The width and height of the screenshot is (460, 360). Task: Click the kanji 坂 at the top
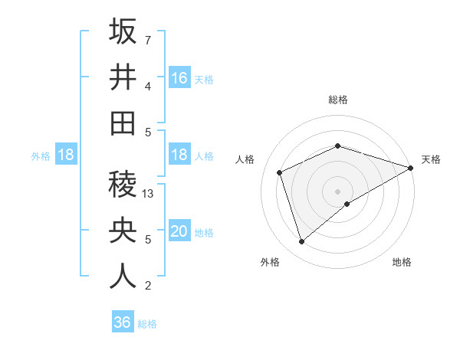[123, 31]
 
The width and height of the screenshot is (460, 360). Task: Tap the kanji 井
[123, 77]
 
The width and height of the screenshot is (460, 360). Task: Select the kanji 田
[123, 123]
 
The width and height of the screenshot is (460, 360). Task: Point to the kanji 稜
[123, 185]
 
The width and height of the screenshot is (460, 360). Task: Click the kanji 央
[123, 230]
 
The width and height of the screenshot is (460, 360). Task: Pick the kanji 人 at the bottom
[123, 277]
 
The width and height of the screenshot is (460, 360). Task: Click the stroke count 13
[149, 194]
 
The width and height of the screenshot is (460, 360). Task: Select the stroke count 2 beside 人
[148, 286]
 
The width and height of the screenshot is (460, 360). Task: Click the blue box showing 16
[179, 77]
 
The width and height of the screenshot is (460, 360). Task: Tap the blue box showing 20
[179, 231]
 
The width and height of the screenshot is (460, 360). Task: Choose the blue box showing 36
[122, 322]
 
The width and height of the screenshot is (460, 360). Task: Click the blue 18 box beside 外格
[65, 155]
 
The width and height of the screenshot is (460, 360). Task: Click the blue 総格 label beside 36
[147, 324]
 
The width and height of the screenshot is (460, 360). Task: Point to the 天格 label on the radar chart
[431, 159]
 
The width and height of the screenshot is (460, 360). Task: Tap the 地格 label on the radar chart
[402, 263]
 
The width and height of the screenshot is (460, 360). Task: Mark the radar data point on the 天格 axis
[412, 168]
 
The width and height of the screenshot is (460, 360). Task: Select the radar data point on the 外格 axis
[302, 241]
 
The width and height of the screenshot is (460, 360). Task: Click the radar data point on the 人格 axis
[280, 172]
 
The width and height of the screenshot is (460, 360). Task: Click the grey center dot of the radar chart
[337, 191]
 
